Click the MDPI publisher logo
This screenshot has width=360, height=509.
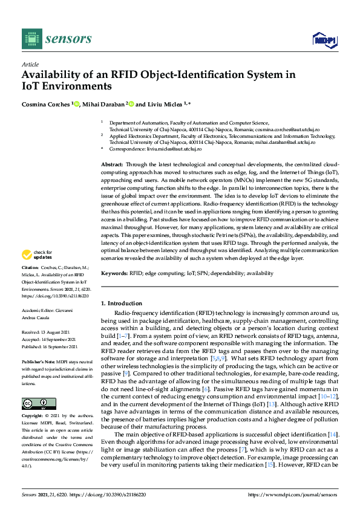coord(324,40)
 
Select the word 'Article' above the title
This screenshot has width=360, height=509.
coord(30,64)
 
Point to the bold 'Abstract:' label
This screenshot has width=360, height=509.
coord(112,164)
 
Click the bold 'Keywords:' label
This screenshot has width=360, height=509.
coord(114,273)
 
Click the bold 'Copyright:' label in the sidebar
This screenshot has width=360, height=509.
coord(33,415)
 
